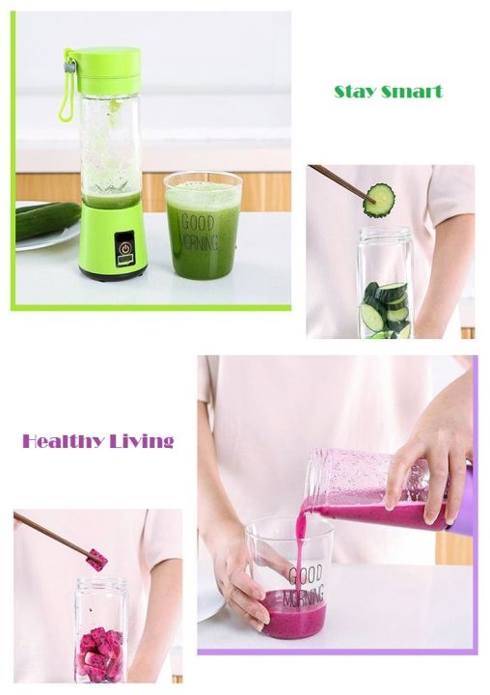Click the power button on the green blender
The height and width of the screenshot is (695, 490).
pos(125,248)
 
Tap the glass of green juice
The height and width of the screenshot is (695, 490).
pos(203,225)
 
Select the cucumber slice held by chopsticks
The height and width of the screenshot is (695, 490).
pos(379,200)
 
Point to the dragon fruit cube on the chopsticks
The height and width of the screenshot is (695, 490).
pos(96,559)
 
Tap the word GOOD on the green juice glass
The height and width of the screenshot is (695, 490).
pos(198,223)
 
